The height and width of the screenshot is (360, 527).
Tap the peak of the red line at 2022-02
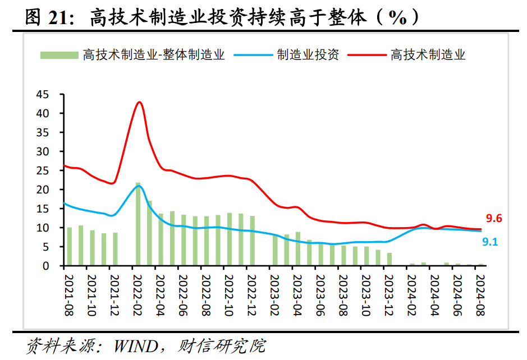point(139,102)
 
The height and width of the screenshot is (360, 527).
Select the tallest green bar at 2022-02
point(139,224)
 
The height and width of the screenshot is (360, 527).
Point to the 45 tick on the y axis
point(43,94)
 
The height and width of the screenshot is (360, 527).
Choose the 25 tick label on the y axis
point(43,170)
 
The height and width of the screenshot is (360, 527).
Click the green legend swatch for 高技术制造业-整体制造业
point(58,55)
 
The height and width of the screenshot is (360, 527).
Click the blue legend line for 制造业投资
point(253,55)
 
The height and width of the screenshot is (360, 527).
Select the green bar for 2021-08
point(70,246)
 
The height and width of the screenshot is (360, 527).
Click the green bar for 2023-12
point(389,259)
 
